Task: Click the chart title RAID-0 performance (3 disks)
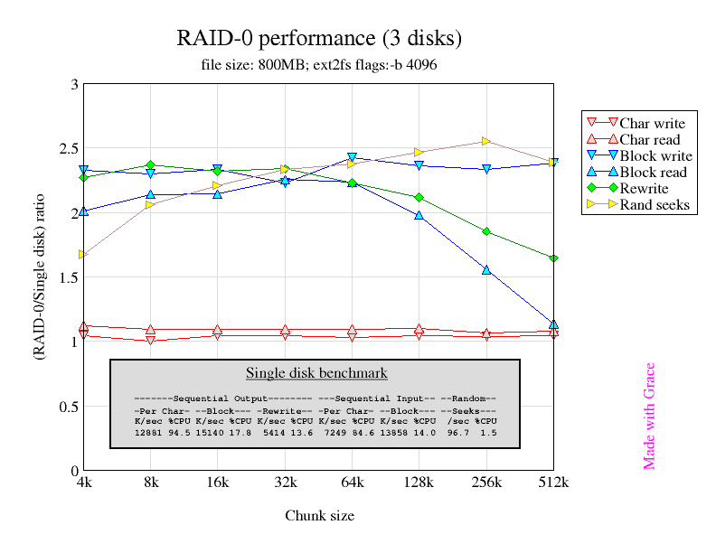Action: pyautogui.click(x=319, y=39)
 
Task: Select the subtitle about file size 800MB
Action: pyautogui.click(x=319, y=65)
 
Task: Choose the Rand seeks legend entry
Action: pyautogui.click(x=655, y=205)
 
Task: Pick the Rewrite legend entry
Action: pyautogui.click(x=644, y=189)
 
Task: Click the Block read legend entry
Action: pyautogui.click(x=653, y=173)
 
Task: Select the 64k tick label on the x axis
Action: pyautogui.click(x=352, y=484)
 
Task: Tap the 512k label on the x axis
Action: pyautogui.click(x=552, y=484)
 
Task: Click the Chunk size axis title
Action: pyautogui.click(x=319, y=516)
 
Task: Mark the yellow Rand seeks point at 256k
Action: pyautogui.click(x=486, y=141)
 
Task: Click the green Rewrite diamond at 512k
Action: pyautogui.click(x=553, y=258)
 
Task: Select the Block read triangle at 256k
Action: pyautogui.click(x=486, y=270)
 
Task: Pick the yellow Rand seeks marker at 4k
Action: pyautogui.click(x=83, y=255)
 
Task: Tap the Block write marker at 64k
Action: pyautogui.click(x=352, y=158)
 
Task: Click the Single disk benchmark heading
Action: pyautogui.click(x=316, y=373)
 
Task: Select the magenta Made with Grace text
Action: pyautogui.click(x=649, y=417)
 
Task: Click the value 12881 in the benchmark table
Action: pyautogui.click(x=148, y=433)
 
